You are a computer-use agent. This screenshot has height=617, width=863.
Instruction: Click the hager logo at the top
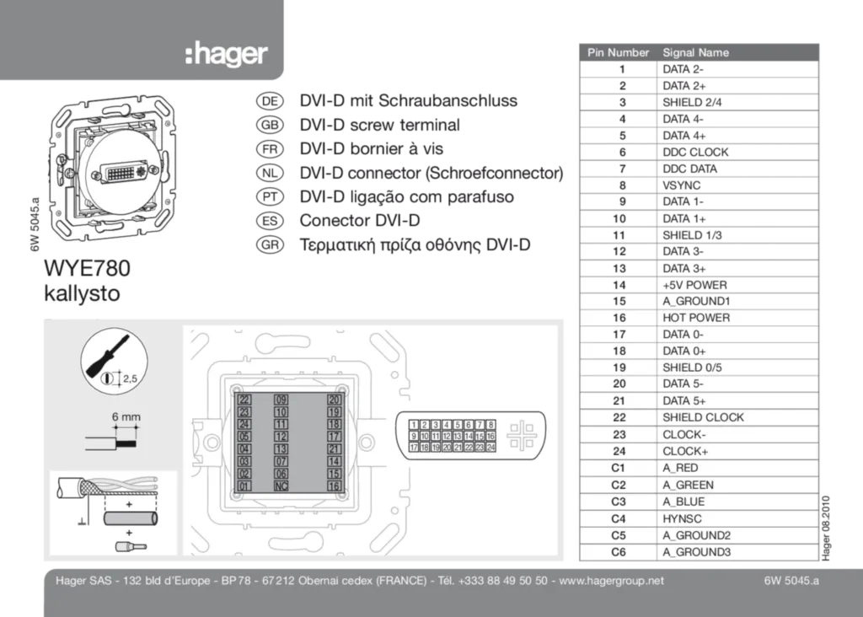click(x=226, y=56)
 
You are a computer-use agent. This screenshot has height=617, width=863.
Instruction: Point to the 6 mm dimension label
click(x=126, y=416)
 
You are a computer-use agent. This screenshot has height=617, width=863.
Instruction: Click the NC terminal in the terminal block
click(x=281, y=486)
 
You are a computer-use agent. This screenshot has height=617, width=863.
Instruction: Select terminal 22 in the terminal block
click(x=244, y=400)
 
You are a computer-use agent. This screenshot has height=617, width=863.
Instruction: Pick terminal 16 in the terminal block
click(x=334, y=486)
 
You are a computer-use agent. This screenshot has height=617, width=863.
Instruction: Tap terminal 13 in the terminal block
click(x=281, y=449)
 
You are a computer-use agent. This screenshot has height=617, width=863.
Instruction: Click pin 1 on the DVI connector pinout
click(x=414, y=425)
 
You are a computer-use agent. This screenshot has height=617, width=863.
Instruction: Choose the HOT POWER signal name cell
click(x=696, y=318)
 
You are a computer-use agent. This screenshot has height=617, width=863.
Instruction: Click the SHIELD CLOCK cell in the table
click(x=703, y=417)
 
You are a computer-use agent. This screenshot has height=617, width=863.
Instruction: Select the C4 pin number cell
click(x=619, y=518)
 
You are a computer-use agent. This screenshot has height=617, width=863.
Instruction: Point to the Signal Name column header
click(x=695, y=52)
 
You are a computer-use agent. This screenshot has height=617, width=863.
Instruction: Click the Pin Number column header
click(x=618, y=52)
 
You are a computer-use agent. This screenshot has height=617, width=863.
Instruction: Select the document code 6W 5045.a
click(x=791, y=580)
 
